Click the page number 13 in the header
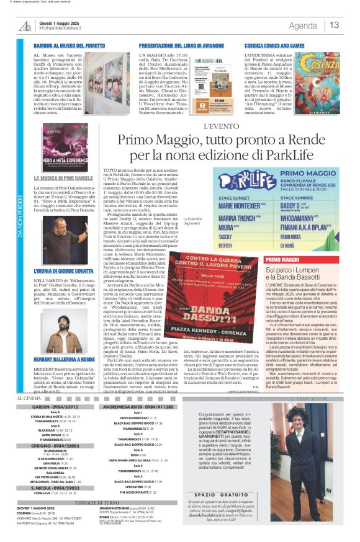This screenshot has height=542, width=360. [x=335, y=25]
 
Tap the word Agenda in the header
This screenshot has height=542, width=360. [x=303, y=25]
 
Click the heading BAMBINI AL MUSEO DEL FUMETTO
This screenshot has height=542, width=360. [x=69, y=47]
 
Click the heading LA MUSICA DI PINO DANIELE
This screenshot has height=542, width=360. [x=63, y=178]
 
